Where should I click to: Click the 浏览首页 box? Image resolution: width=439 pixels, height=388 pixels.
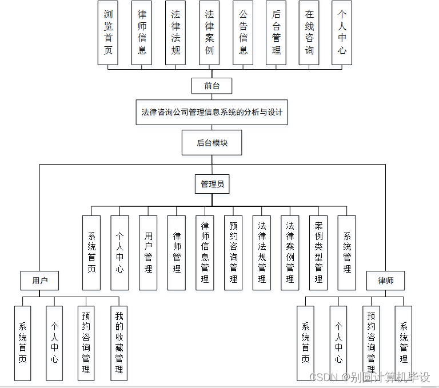tap(108, 33)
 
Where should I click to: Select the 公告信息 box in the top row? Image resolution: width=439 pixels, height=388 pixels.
tap(244, 33)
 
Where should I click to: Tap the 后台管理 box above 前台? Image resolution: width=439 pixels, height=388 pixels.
tap(277, 33)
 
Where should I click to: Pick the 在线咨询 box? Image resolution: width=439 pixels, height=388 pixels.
tap(309, 33)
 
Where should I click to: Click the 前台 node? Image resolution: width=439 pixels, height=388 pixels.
tap(211, 86)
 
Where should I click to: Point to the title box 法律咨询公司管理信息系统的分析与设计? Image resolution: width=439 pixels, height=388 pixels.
tap(211, 112)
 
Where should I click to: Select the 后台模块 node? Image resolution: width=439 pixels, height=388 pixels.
tap(211, 143)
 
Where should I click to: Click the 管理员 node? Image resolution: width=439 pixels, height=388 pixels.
tap(211, 184)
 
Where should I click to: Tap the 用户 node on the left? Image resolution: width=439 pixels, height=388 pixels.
tap(39, 281)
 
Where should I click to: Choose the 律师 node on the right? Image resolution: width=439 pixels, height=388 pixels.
tap(385, 281)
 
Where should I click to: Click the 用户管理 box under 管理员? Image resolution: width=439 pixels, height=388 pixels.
tap(148, 252)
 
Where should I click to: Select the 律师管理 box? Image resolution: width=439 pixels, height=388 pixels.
tap(177, 252)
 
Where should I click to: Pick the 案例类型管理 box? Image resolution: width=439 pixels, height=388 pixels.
tap(318, 252)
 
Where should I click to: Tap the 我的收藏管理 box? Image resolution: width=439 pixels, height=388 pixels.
tap(119, 343)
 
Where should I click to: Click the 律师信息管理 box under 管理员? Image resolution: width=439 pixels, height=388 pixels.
tap(205, 252)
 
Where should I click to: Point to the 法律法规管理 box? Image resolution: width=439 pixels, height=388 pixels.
tap(262, 252)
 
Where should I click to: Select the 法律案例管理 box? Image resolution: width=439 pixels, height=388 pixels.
tap(290, 252)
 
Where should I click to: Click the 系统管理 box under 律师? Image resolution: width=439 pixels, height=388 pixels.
tap(404, 343)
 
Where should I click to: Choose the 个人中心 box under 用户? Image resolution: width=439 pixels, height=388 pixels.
tap(54, 343)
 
